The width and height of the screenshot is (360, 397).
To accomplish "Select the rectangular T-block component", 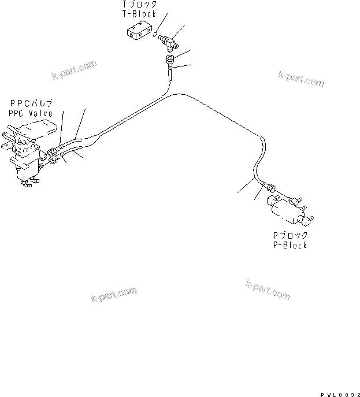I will point(139,34).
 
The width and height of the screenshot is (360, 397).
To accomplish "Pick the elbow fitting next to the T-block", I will point(169,40).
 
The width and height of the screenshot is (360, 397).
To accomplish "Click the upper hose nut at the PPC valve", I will point(55,148).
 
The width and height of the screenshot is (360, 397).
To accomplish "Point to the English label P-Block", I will point(290,245).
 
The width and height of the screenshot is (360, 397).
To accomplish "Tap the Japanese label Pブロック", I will point(290,236).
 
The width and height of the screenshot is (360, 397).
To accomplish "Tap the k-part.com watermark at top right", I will point(300,78).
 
